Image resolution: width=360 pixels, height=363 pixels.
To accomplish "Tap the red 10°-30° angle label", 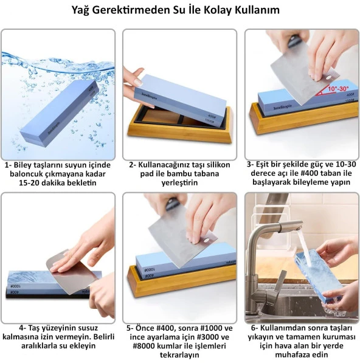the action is click(x=338, y=88).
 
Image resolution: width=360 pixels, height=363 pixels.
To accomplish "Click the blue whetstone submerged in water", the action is click(x=60, y=114).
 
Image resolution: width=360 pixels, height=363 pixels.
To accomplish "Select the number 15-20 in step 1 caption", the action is click(x=29, y=182).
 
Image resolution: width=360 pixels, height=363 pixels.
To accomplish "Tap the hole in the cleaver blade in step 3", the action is click(x=327, y=78).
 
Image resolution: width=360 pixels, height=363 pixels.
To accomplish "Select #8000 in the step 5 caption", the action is click(x=144, y=346).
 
